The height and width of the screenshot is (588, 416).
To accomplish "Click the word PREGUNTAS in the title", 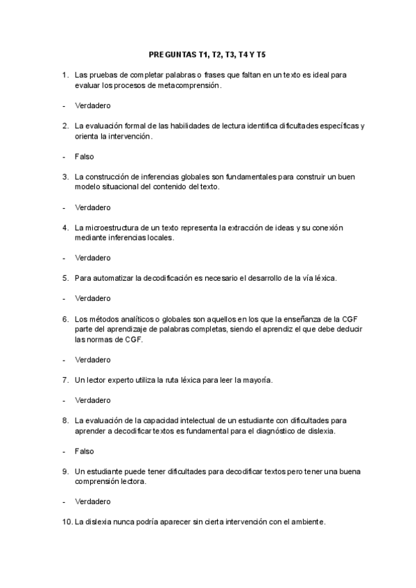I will point(172,53).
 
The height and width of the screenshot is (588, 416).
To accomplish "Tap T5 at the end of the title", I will point(260,53).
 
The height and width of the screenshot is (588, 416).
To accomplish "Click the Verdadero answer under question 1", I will point(93,105).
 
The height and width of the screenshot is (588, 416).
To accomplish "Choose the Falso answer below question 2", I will point(85,157).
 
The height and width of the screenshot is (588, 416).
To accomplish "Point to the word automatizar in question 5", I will point(114,278).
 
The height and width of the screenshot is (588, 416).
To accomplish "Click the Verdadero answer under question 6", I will point(93,360).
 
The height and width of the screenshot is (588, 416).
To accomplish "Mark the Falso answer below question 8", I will point(85,451).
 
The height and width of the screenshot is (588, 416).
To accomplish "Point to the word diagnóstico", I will point(277,431).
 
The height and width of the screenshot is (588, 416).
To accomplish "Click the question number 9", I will point(64,472).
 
